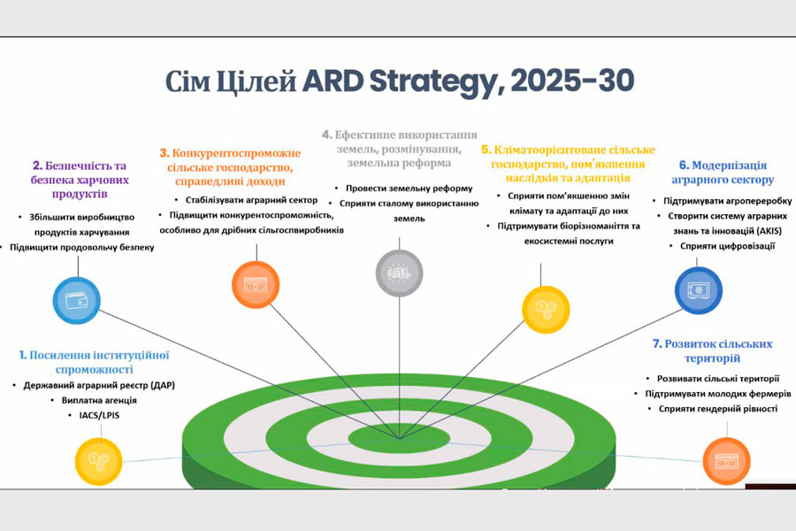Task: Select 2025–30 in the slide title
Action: pos(572,81)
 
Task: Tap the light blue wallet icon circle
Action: pos(77,300)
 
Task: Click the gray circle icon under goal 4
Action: pos(399,273)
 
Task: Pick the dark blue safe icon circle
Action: pos(698,290)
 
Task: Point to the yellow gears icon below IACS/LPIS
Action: pos(98,461)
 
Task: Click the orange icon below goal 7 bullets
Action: pos(726,461)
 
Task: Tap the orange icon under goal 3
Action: pos(256,285)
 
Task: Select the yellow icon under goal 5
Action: pos(546,310)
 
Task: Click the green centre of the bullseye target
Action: pos(399,439)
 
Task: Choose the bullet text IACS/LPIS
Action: pos(99,415)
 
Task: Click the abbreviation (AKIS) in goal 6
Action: pos(762,231)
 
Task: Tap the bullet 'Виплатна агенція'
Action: pos(99,400)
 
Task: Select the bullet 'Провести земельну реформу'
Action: pos(409,189)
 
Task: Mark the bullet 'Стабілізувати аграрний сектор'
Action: pos(251,200)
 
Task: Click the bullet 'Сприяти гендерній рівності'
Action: pos(718,409)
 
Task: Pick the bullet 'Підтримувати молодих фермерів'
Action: pos(718,394)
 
